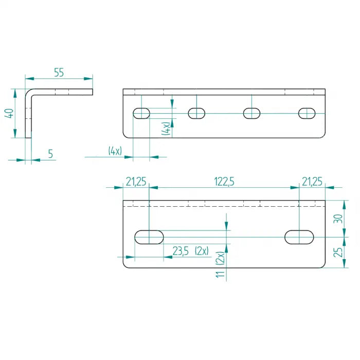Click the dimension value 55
[59, 73]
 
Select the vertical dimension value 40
[9, 114]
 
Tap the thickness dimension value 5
[50, 153]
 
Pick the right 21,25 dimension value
[312, 182]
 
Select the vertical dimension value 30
[337, 219]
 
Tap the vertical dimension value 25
[337, 252]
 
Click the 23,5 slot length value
[180, 251]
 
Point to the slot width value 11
[221, 273]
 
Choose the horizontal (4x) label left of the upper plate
[115, 151]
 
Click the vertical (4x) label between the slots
[166, 129]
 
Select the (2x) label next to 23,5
[202, 251]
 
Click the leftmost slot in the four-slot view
[141, 113]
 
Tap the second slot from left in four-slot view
[196, 113]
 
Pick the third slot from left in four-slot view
[251, 113]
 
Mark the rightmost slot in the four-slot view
[307, 113]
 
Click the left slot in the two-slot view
[149, 237]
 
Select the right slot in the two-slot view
[299, 237]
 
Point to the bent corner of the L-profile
[28, 93]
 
